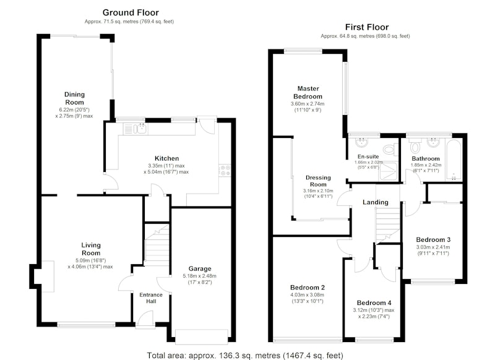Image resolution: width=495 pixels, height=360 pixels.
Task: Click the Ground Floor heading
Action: (x=131, y=12)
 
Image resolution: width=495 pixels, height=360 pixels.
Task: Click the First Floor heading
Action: (x=366, y=27)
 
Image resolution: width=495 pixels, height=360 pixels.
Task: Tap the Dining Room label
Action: (x=74, y=98)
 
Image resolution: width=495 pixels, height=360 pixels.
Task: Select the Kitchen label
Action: (x=166, y=158)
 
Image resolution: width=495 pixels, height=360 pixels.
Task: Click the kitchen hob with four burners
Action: (x=225, y=170)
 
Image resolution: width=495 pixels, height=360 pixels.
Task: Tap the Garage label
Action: (x=199, y=268)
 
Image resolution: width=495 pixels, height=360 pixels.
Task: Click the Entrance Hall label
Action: (x=151, y=298)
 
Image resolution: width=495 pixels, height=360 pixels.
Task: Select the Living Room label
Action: (x=91, y=249)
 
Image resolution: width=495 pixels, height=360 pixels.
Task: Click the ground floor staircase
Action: (x=157, y=245)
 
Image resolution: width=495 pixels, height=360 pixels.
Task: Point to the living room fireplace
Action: (x=48, y=276)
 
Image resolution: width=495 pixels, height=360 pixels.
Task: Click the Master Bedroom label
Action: (x=308, y=92)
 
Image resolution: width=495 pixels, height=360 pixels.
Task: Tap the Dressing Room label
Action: (x=318, y=181)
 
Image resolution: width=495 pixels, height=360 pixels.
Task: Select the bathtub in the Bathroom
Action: (x=454, y=160)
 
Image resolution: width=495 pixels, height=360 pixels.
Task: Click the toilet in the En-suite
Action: (x=392, y=148)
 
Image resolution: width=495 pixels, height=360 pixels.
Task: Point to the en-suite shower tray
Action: (x=389, y=171)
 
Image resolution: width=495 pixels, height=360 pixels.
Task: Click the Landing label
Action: (x=376, y=202)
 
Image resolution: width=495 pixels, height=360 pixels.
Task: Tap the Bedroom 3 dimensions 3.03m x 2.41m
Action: (x=433, y=247)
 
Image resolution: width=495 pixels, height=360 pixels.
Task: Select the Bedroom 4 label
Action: (x=374, y=302)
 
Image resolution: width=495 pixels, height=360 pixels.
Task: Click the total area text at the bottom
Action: (x=245, y=356)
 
